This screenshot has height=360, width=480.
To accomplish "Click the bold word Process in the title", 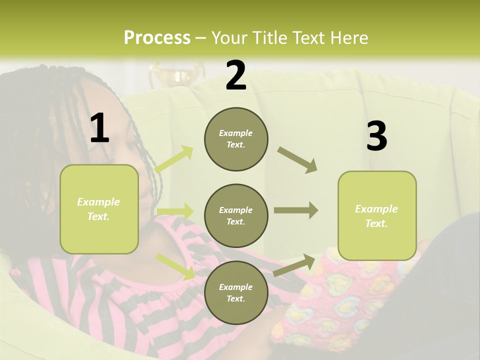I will tap(157, 38).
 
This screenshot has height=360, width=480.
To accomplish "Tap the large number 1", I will tap(99, 128).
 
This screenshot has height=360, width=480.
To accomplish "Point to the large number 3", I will tap(376, 136).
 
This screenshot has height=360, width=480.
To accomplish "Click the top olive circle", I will tap(236, 139).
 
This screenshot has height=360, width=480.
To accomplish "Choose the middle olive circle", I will tap(236, 215).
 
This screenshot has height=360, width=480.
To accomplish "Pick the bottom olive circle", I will tap(236, 292).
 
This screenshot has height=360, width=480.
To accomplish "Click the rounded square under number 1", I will tap(99, 209).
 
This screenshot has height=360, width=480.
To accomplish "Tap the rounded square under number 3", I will tap(377, 215).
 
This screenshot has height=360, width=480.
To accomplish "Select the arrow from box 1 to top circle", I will tap(174, 159).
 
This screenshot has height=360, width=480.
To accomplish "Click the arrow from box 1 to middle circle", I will tap(174, 211).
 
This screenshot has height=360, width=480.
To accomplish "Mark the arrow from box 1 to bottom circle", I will tap(175, 266).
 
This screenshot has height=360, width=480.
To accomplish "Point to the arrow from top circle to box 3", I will tap(297, 160).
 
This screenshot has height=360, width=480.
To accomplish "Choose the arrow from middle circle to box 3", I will tap(296, 210).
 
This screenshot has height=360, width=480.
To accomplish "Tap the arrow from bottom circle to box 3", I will tap(294, 265).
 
